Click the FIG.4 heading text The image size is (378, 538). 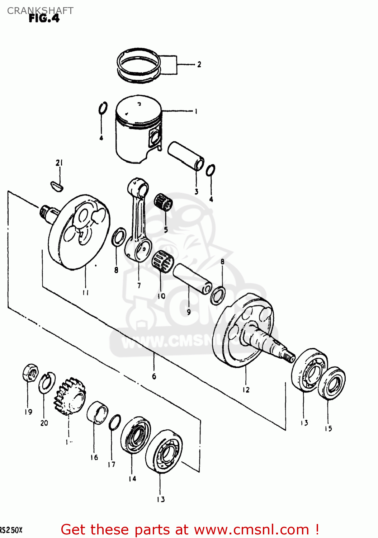(44, 19)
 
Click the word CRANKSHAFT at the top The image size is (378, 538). (40, 10)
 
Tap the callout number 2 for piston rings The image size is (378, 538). (199, 65)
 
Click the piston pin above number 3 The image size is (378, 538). (186, 155)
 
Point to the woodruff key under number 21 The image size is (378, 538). (56, 185)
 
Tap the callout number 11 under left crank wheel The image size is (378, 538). (85, 293)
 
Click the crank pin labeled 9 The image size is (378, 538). (192, 279)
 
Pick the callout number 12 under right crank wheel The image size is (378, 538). (246, 390)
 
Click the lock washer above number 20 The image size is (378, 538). (47, 383)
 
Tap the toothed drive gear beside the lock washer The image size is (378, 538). (70, 396)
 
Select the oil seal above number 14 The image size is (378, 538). (135, 435)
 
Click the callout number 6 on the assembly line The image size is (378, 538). (154, 376)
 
